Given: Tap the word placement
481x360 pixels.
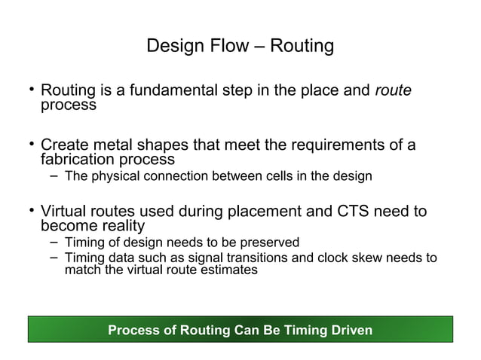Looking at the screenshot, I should (247, 212).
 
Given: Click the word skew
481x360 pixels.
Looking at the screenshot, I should (348, 258).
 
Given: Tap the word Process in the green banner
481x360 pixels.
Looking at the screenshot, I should (133, 330).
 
